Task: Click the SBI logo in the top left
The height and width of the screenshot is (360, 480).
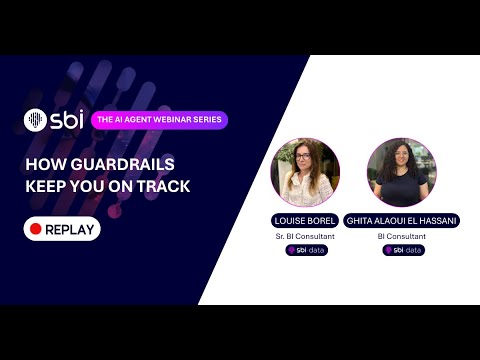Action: (52, 120)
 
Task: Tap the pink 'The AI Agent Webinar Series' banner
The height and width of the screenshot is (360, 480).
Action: (159, 120)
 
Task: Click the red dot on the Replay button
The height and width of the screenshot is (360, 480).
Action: (35, 229)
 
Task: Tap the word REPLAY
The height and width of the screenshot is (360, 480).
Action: (70, 229)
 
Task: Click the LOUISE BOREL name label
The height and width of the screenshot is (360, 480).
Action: (305, 220)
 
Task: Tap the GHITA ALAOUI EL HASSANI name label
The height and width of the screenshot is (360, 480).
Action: (401, 220)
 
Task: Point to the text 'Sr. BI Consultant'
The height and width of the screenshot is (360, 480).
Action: (305, 236)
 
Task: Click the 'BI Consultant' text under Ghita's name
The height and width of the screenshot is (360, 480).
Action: (401, 236)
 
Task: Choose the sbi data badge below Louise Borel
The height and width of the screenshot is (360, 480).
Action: (306, 250)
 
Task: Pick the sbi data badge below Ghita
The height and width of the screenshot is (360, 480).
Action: (402, 250)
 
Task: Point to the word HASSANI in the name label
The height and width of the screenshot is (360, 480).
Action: (436, 220)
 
